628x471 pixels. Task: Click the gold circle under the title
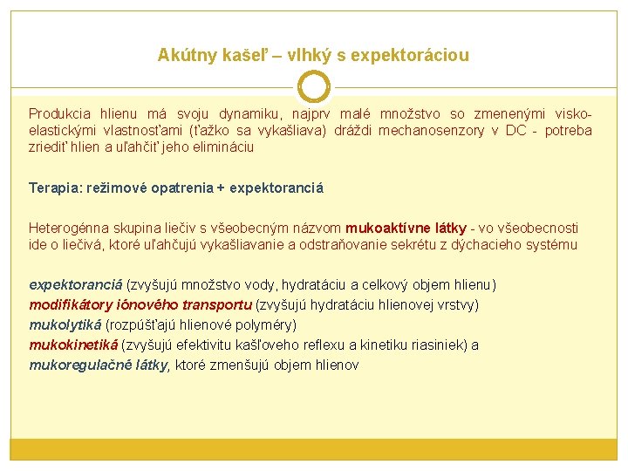(x=314, y=86)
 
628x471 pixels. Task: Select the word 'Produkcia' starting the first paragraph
(x=59, y=113)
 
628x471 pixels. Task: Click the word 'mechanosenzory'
(x=432, y=131)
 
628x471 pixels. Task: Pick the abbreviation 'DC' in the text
(x=516, y=131)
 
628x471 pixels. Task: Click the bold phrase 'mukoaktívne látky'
(x=406, y=228)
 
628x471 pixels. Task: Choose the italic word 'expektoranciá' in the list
(x=76, y=284)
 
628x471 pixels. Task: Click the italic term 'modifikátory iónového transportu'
(x=140, y=304)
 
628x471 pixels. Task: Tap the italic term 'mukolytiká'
(x=65, y=324)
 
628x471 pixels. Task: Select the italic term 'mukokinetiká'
(x=73, y=345)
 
